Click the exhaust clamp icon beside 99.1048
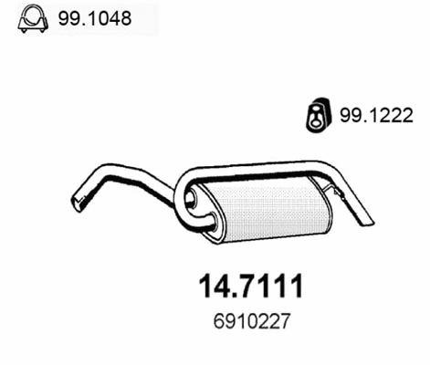pos(33,18)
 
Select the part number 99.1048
pos(95,18)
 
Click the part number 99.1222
pos(376,115)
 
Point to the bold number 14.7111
pos(251,286)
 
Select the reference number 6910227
pos(251,321)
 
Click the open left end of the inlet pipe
pos(78,203)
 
